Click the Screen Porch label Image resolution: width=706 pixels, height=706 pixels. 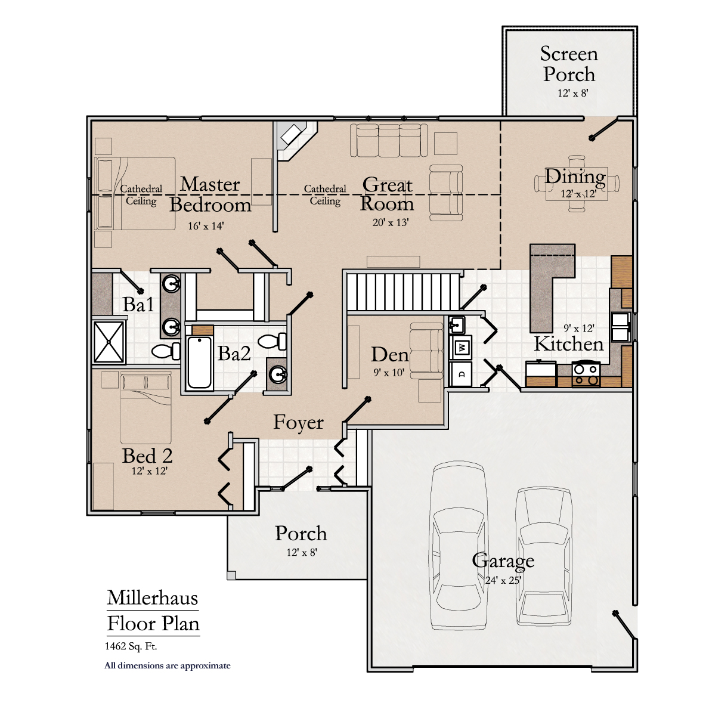point(569,64)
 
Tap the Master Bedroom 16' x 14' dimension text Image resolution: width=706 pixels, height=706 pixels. point(206,226)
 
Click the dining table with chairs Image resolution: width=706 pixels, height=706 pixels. point(576,183)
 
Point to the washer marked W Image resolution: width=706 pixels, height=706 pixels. point(462,347)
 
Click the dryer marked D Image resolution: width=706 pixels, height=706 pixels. point(462,374)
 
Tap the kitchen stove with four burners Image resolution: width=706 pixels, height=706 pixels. point(585,374)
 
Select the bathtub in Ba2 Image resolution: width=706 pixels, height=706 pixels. point(200,363)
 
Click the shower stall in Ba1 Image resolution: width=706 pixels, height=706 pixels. point(109,342)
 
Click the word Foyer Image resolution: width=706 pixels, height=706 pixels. point(298,422)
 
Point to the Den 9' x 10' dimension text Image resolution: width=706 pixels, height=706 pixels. point(389,373)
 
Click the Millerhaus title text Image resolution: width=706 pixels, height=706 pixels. point(153,597)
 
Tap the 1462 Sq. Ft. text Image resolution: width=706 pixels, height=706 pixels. point(131,646)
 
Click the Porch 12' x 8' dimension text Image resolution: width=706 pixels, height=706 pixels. point(301,552)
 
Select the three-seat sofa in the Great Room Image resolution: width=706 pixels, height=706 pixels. point(388,140)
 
